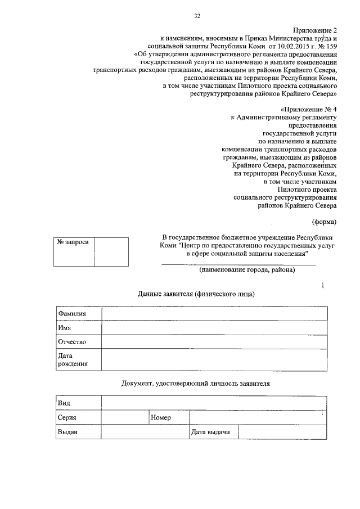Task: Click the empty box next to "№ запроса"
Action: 111,251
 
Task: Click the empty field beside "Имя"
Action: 214,328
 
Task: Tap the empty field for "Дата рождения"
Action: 214,360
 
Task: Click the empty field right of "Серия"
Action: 124,418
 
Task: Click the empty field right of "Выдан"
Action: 145,432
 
